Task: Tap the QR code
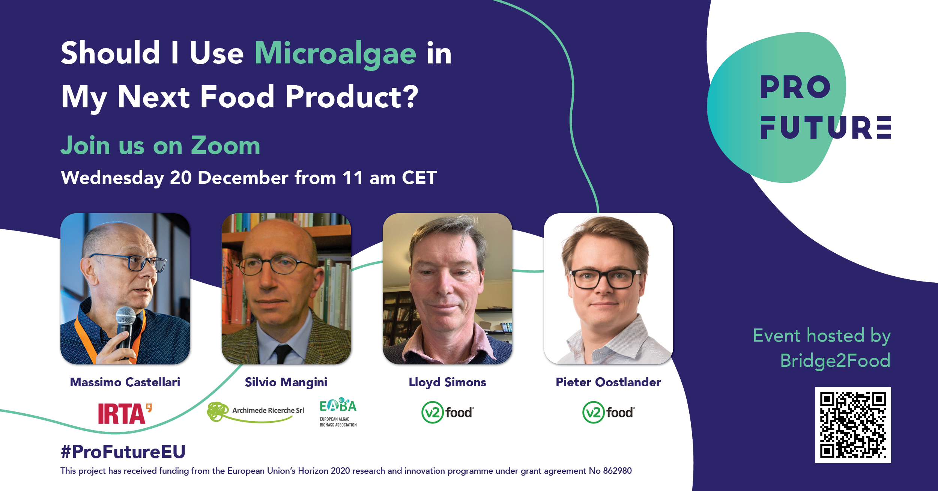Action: (x=853, y=425)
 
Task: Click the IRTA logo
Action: (x=125, y=413)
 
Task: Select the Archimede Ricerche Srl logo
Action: (x=256, y=412)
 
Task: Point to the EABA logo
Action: (x=338, y=412)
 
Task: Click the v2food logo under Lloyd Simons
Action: (x=448, y=412)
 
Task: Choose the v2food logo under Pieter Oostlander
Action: (x=609, y=412)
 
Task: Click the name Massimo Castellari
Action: (x=125, y=382)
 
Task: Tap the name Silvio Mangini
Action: (x=286, y=383)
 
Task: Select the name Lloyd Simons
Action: (x=447, y=383)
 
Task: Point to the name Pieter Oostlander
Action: (x=608, y=382)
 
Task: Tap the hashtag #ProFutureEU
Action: (x=123, y=452)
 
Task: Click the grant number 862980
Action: (x=617, y=471)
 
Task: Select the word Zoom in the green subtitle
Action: (x=225, y=145)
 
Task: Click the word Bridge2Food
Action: (x=835, y=360)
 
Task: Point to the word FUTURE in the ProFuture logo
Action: (x=825, y=127)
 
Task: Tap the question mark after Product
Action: (x=411, y=96)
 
